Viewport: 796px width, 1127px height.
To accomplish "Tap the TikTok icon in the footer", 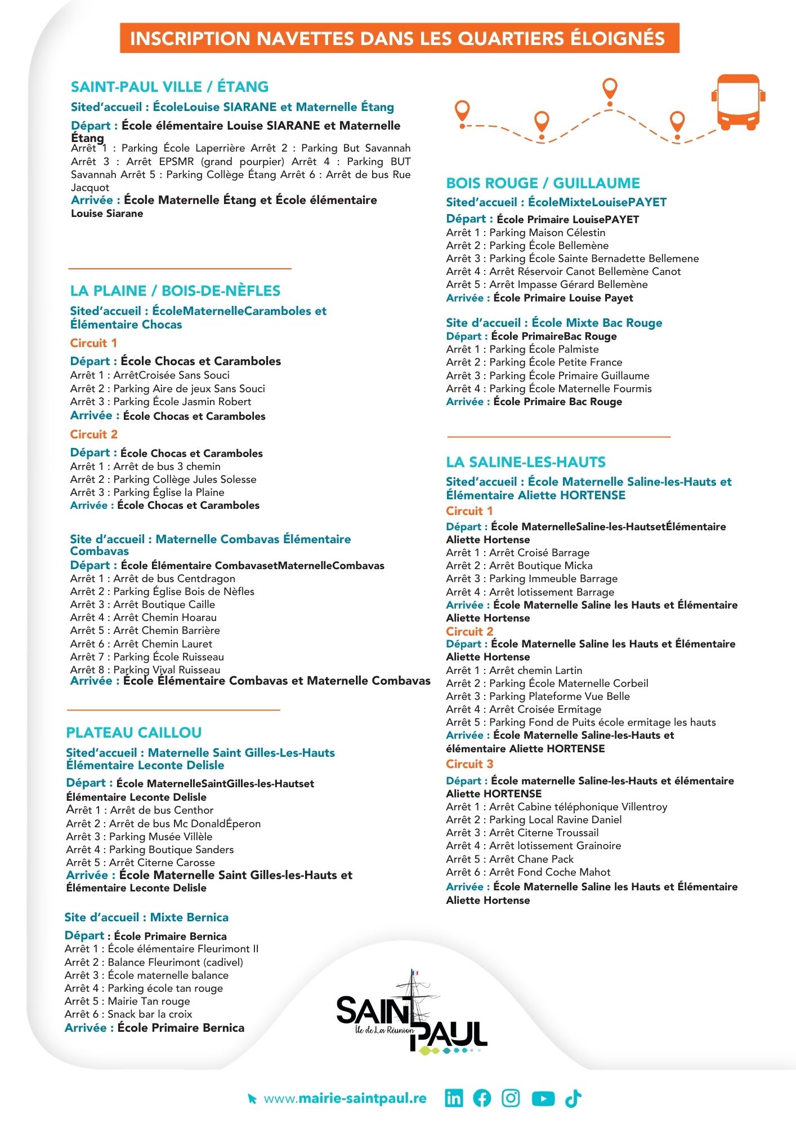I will [x=574, y=1098].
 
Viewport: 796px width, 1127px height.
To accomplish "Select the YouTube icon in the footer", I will [x=543, y=1098].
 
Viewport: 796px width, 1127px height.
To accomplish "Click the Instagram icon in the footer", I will [x=511, y=1098].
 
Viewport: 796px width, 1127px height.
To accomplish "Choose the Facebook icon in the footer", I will [x=482, y=1098].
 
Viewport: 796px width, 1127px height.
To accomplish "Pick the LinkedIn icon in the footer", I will [x=454, y=1098].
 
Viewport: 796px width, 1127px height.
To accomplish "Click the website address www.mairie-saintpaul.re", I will [x=345, y=1098].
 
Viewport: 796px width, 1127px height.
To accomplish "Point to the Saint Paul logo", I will [x=412, y=1014].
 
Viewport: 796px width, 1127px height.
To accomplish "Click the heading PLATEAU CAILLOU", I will [x=134, y=733].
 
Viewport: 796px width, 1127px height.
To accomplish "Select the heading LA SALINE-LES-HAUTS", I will [x=526, y=462].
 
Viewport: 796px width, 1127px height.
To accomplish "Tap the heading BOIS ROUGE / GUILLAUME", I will [x=543, y=183].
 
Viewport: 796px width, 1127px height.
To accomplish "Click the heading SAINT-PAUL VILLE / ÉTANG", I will [x=169, y=87].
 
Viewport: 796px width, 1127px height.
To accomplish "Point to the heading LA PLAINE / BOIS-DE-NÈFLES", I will [x=175, y=291].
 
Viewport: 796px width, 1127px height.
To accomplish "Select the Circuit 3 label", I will [x=469, y=764].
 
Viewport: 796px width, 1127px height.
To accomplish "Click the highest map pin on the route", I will [x=610, y=88].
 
